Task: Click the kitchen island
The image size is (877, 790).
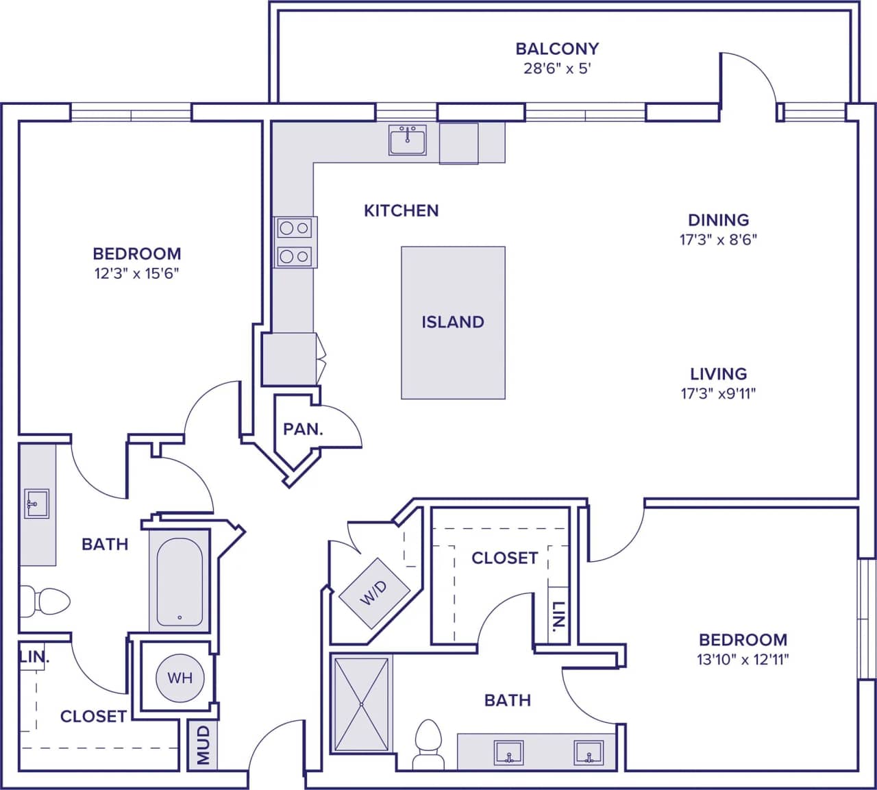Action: pyautogui.click(x=453, y=323)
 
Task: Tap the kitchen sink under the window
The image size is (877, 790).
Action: pyautogui.click(x=407, y=140)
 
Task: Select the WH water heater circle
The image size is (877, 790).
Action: pyautogui.click(x=180, y=678)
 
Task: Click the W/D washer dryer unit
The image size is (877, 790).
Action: pyautogui.click(x=374, y=593)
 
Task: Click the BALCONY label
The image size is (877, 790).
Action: pyautogui.click(x=557, y=49)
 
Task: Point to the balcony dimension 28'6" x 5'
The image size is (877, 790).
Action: pyautogui.click(x=557, y=69)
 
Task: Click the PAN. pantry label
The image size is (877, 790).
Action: pyautogui.click(x=303, y=430)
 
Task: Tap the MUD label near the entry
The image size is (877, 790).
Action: pyautogui.click(x=203, y=745)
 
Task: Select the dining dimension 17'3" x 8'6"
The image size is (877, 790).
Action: pyautogui.click(x=718, y=240)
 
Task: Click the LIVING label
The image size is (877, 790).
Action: pyautogui.click(x=718, y=374)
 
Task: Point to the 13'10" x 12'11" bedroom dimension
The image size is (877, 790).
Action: pyautogui.click(x=743, y=660)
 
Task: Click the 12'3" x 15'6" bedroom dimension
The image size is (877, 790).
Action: pyautogui.click(x=137, y=274)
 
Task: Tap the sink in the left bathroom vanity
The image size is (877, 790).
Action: pyautogui.click(x=36, y=504)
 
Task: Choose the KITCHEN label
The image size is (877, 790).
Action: pyautogui.click(x=401, y=210)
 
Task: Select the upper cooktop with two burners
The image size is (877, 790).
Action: pyautogui.click(x=295, y=227)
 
